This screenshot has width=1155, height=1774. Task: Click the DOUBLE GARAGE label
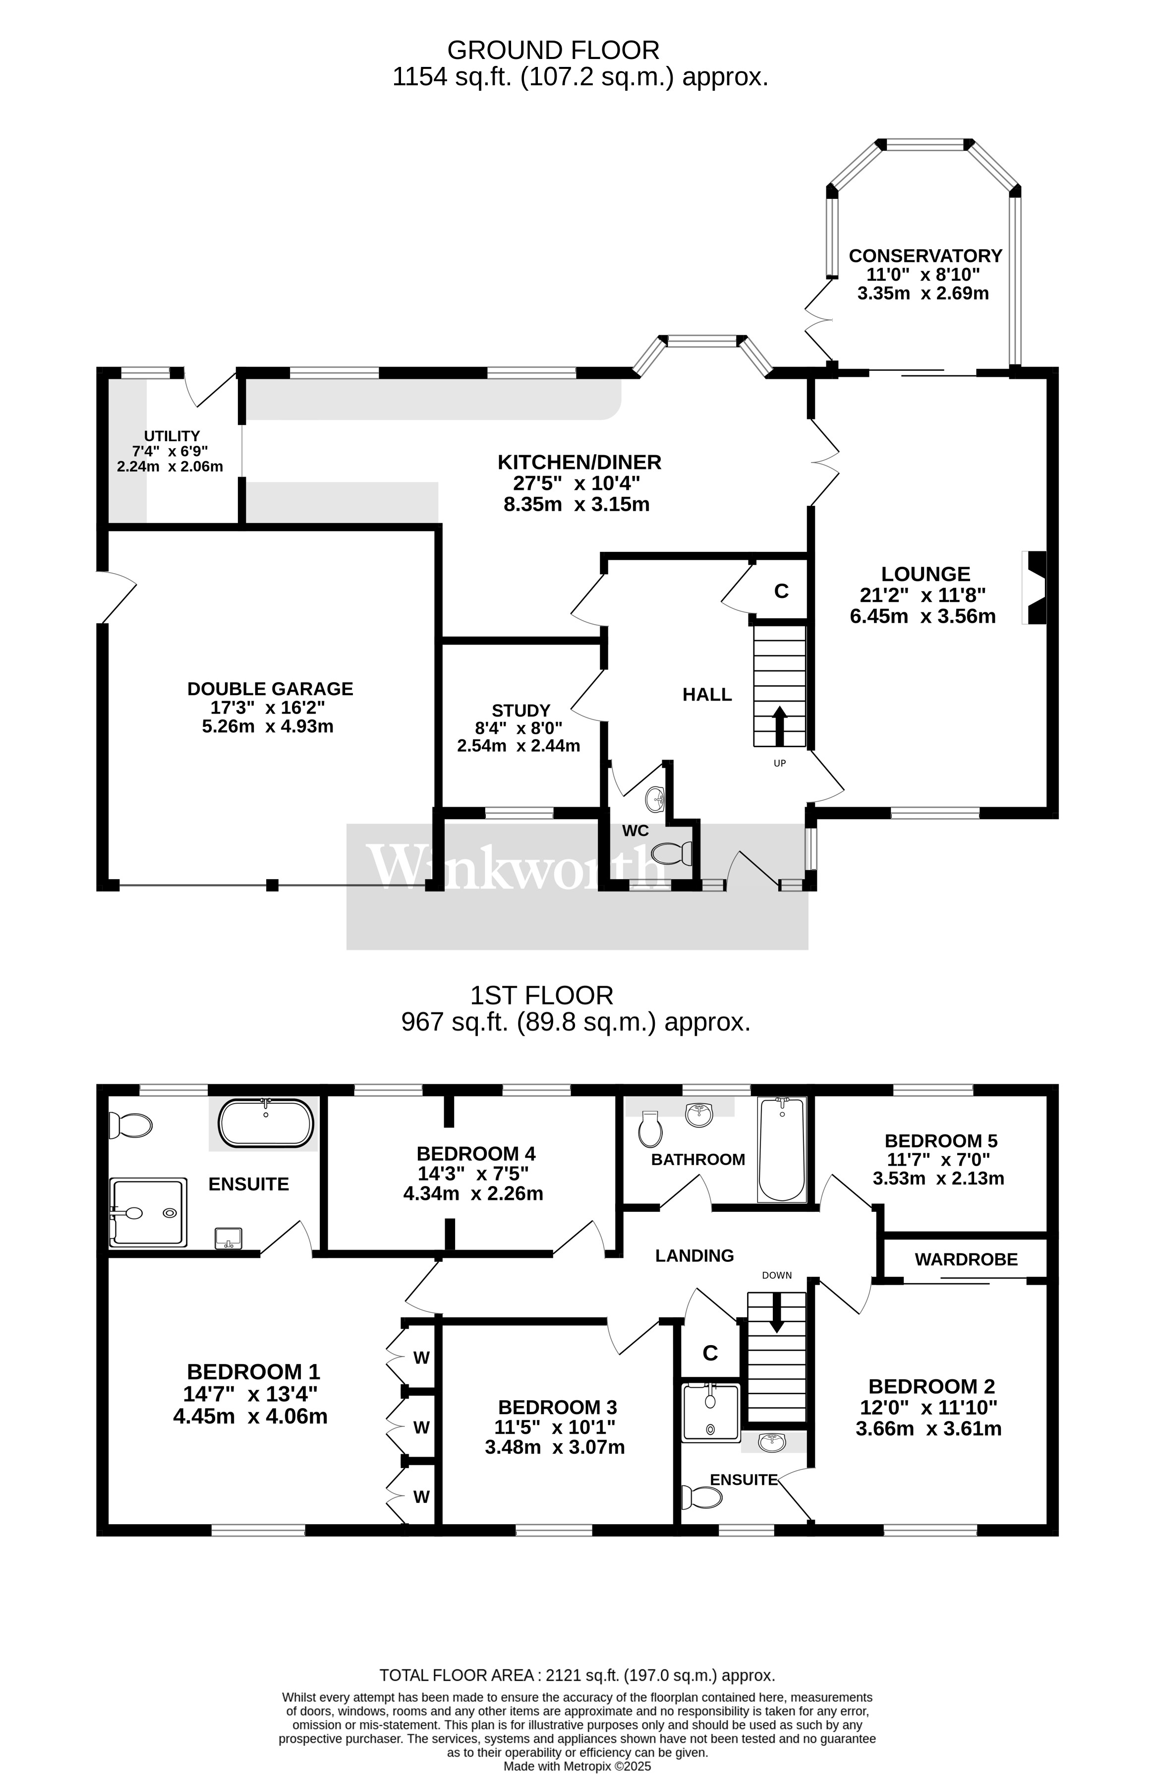[270, 689]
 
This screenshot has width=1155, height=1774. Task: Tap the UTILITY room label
[172, 436]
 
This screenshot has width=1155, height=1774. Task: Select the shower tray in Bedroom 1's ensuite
[148, 1212]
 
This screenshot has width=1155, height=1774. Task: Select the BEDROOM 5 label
[940, 1140]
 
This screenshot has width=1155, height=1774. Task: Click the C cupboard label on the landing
[710, 1353]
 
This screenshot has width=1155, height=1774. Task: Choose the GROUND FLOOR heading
[553, 50]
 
